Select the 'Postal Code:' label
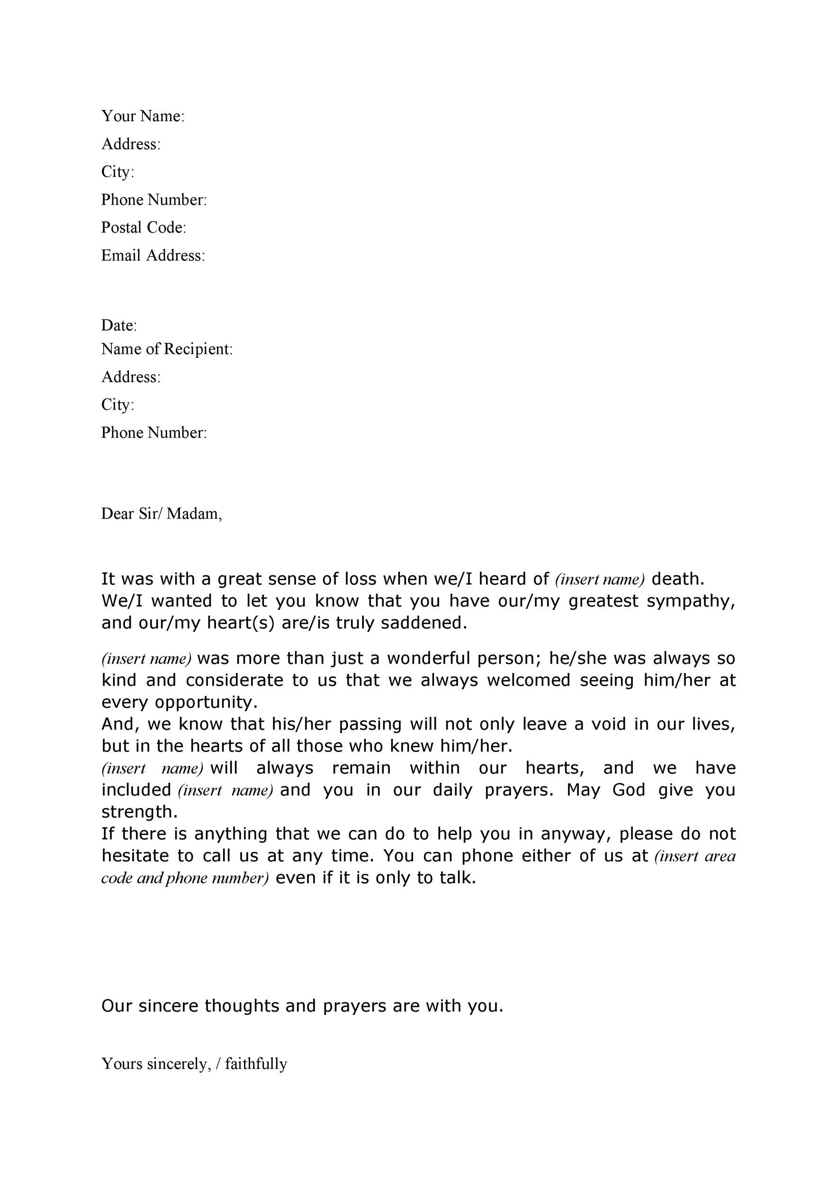pos(144,227)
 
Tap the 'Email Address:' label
pos(153,255)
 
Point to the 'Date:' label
pos(119,325)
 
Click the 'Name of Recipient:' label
pos(167,349)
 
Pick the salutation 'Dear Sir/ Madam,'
pos(162,513)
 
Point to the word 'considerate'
pos(234,681)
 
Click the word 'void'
pos(609,725)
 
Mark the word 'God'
pos(629,790)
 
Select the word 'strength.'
pos(139,812)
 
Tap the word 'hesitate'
pos(135,856)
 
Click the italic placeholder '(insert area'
pos(695,856)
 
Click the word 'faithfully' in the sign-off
pos(256,1064)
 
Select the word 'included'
pos(136,790)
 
